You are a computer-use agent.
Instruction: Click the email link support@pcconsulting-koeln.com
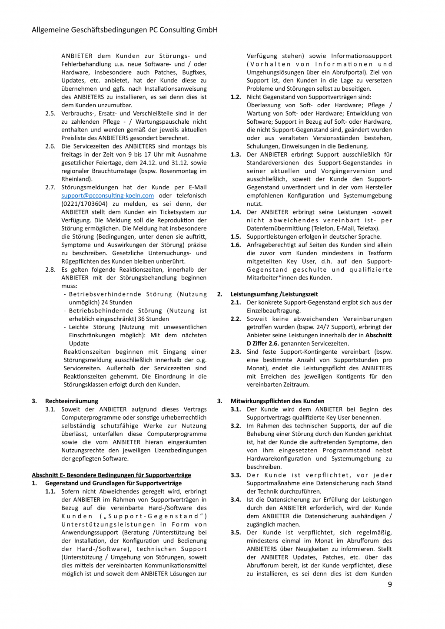tap(107, 196)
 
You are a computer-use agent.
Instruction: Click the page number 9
tap(389, 584)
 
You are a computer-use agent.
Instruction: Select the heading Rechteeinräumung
tap(72, 401)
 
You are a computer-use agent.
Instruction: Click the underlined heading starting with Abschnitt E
tap(111, 475)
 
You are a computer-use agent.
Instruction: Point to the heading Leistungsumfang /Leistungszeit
tap(274, 294)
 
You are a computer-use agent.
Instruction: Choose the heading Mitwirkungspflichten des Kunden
tap(277, 401)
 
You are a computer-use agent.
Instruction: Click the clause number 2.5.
tap(50, 113)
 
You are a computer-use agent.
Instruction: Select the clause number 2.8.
tap(50, 270)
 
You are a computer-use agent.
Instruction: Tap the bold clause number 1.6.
tap(236, 245)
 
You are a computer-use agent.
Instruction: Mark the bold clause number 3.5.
tap(236, 533)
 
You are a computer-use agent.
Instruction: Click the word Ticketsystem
tap(178, 212)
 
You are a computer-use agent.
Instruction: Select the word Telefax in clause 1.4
tap(368, 228)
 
